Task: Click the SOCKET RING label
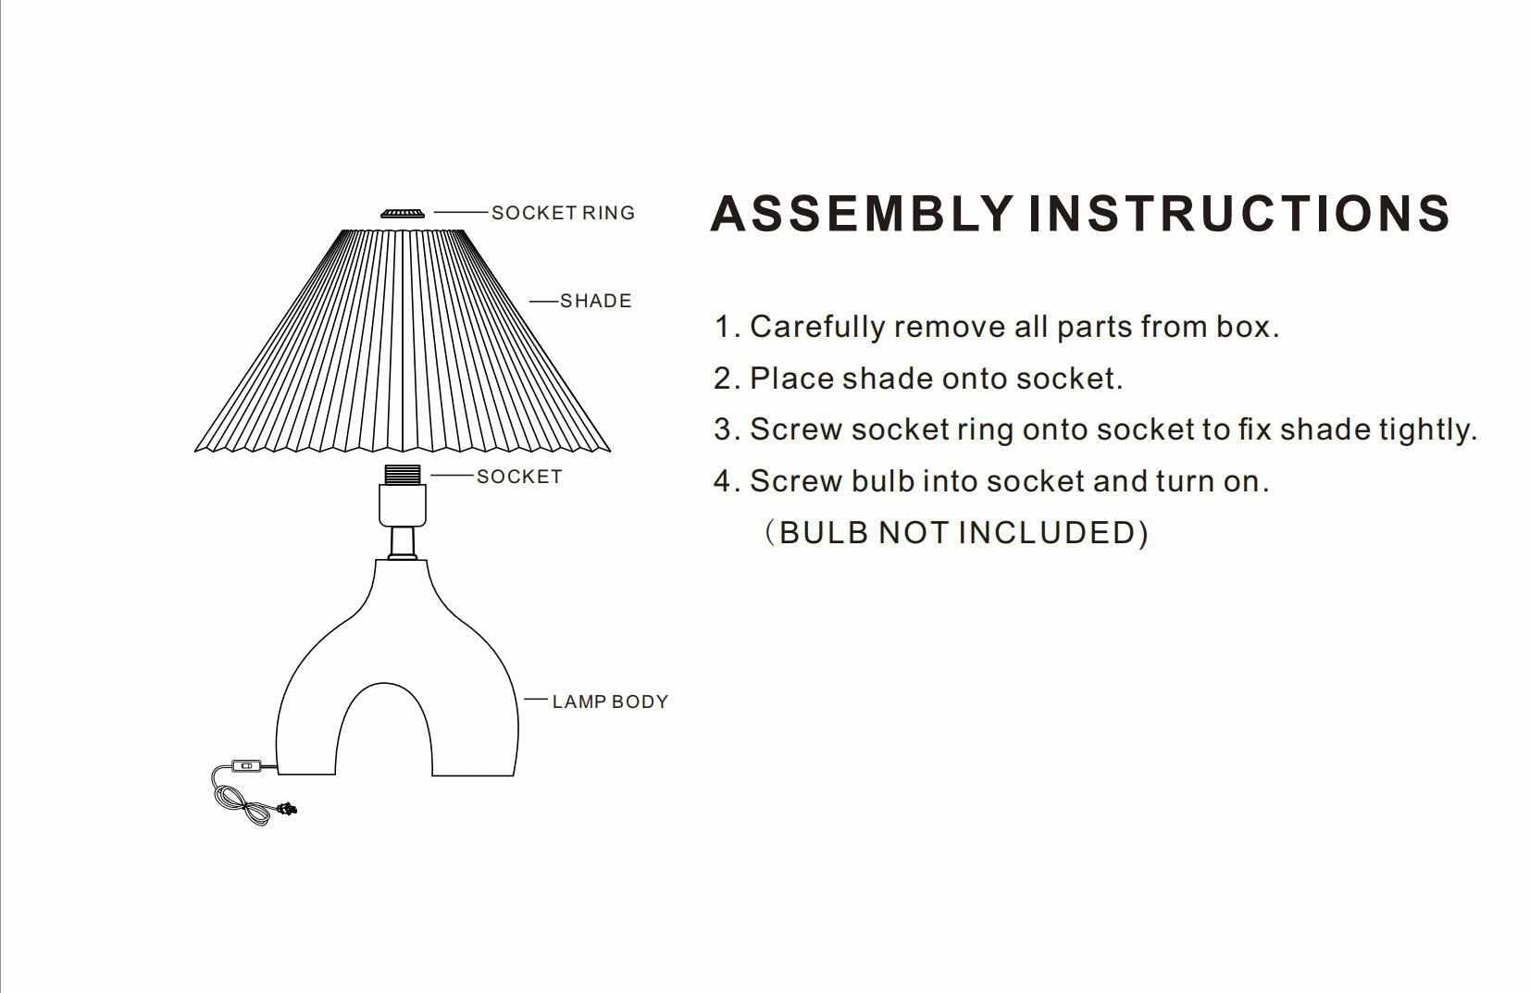[x=563, y=213]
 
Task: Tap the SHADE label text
[x=595, y=301]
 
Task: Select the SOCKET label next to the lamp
[x=519, y=477]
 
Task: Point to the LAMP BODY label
[x=610, y=701]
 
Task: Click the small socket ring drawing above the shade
[x=403, y=214]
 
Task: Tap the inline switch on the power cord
[x=245, y=765]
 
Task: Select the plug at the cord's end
[x=289, y=810]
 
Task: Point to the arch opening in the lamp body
[x=384, y=736]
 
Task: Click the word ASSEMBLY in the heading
[x=861, y=214]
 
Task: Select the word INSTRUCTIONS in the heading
[x=1238, y=214]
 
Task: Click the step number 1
[x=723, y=327]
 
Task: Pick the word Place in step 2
[x=790, y=379]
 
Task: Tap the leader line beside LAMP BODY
[x=536, y=700]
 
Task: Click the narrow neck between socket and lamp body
[x=403, y=542]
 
